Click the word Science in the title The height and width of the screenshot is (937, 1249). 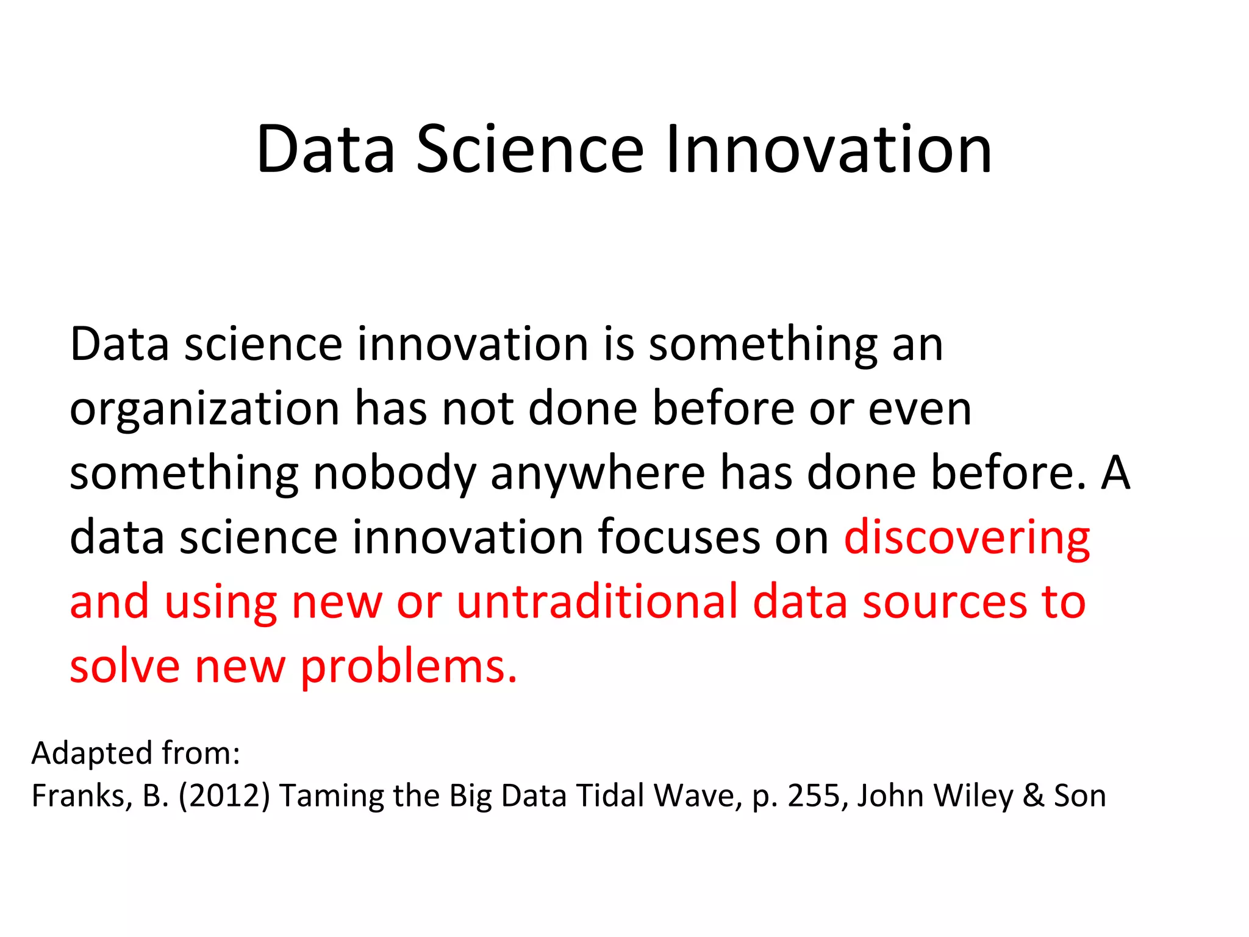529,149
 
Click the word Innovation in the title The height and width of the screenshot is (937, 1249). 828,149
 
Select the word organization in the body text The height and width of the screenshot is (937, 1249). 204,409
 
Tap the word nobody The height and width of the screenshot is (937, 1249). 393,473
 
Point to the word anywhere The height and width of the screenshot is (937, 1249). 598,473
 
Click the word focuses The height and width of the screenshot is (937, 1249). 679,537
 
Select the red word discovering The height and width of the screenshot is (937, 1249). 967,537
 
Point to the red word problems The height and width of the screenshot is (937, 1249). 409,667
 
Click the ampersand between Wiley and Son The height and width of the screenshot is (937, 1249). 1033,796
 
